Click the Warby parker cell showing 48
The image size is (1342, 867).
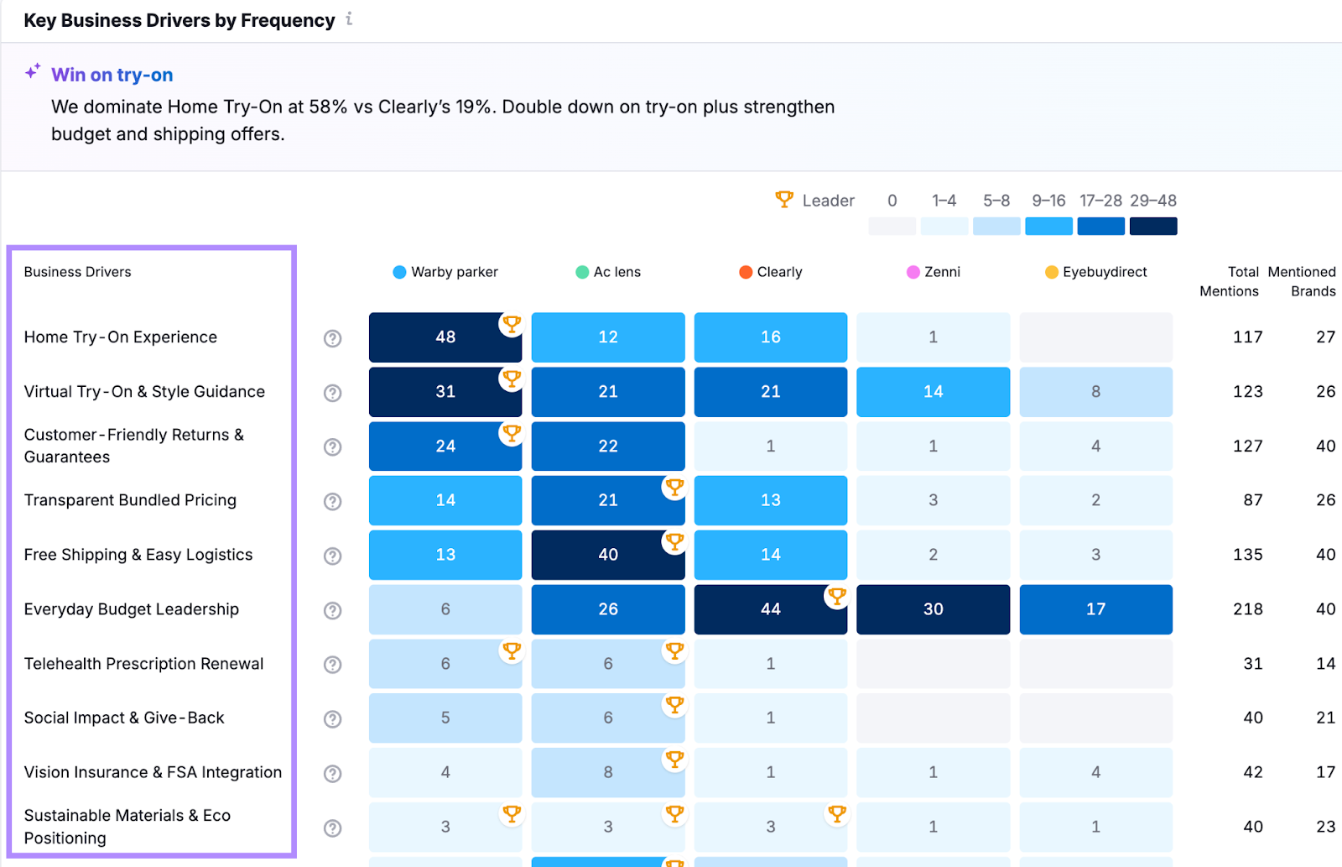[445, 337]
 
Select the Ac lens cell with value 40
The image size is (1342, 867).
[607, 555]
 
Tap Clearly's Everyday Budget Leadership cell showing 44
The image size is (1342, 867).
[770, 609]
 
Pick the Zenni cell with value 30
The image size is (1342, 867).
[933, 609]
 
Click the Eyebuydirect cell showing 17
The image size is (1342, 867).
[1095, 609]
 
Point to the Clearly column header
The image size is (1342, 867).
[779, 272]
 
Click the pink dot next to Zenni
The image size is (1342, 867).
[913, 272]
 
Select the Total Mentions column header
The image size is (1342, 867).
[1230, 281]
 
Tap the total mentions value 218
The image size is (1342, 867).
[1247, 609]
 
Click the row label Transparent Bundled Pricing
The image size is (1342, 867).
[130, 500]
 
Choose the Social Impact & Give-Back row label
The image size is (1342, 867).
[124, 718]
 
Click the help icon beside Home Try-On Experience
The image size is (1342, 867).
[333, 338]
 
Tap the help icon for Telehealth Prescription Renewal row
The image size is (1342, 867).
[333, 665]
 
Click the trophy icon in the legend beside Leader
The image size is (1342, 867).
[784, 200]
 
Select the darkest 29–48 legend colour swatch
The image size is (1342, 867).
[1152, 227]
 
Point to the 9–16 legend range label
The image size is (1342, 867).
[1048, 201]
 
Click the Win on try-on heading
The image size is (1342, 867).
[112, 75]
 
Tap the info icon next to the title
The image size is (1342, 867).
[349, 19]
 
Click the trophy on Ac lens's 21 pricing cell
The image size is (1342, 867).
[674, 487]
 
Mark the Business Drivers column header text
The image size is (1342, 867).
[77, 272]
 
